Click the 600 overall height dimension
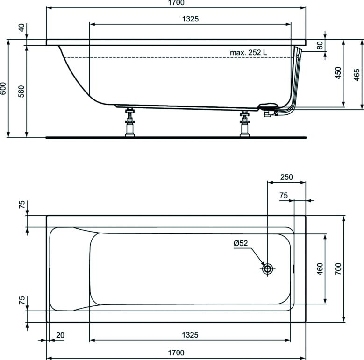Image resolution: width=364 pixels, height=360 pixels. point(4,89)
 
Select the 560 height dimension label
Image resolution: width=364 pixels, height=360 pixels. point(21,91)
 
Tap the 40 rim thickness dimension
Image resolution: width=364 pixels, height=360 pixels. point(21,27)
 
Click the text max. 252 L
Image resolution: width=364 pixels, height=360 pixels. point(249,52)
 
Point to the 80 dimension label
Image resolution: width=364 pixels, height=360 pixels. point(320,46)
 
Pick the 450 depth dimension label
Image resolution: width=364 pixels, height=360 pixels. point(338,73)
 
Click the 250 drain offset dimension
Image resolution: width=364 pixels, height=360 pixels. point(286,177)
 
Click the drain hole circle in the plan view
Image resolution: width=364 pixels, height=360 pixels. point(268,268)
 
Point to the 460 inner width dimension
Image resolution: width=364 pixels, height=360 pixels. point(320,268)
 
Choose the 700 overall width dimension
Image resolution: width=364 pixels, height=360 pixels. point(338,268)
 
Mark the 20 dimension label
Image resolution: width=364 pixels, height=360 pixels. point(60,335)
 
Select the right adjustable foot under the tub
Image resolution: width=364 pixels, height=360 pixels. point(243,124)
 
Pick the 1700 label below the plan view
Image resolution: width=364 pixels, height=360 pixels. point(176,352)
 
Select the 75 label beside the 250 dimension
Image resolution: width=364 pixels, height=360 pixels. point(284,196)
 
